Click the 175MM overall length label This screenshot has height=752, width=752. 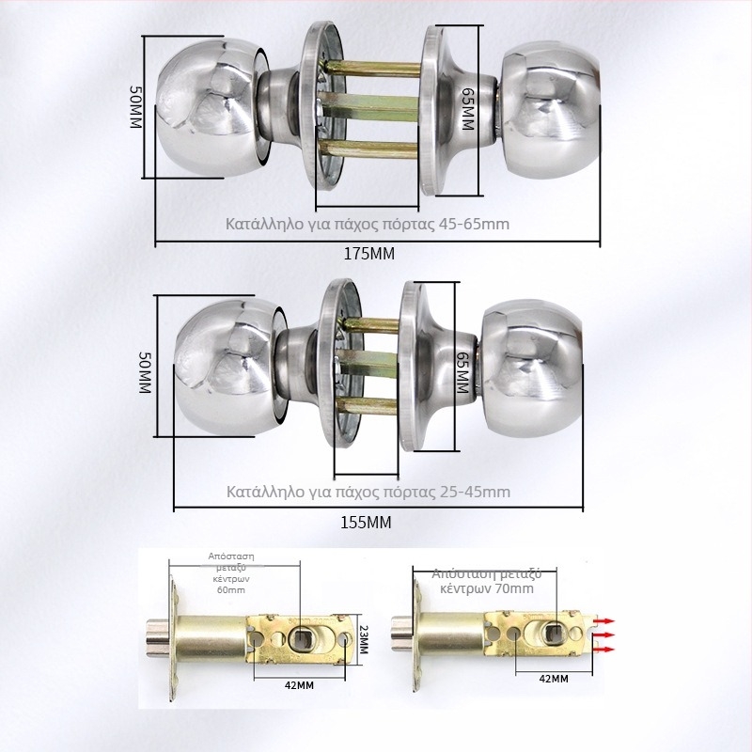[x=369, y=254]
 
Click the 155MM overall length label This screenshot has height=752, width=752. [x=366, y=522]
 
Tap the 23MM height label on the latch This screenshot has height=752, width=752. [x=363, y=640]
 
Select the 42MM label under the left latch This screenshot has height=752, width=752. [x=299, y=685]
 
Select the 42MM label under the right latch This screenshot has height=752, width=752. [x=554, y=679]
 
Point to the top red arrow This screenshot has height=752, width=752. [x=604, y=621]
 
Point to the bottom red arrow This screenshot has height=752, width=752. [x=604, y=650]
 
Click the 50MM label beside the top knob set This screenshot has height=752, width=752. [x=136, y=107]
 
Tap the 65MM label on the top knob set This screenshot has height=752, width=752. [x=467, y=109]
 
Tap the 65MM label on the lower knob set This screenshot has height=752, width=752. [x=462, y=372]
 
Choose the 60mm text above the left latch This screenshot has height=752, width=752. [x=231, y=590]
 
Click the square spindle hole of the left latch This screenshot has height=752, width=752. [x=302, y=638]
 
